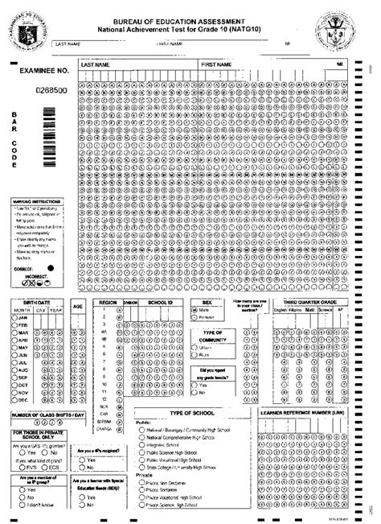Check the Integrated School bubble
click(x=141, y=444)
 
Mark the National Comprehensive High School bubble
click(x=141, y=436)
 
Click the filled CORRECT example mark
click(x=51, y=266)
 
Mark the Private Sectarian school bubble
click(x=141, y=489)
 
